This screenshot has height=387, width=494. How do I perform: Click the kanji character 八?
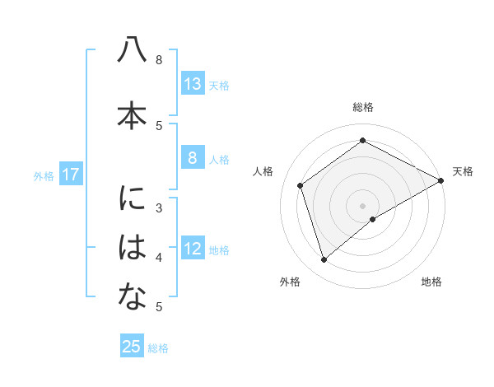pyautogui.click(x=132, y=51)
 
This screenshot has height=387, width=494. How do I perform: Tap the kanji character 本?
pyautogui.click(x=132, y=114)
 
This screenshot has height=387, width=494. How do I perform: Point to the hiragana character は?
pyautogui.click(x=132, y=248)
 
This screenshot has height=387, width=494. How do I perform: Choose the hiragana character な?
pyautogui.click(x=132, y=297)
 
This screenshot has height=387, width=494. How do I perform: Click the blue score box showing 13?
pyautogui.click(x=192, y=84)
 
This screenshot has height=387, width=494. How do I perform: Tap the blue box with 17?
pyautogui.click(x=70, y=175)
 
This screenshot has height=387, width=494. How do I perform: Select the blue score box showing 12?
pyautogui.click(x=192, y=249)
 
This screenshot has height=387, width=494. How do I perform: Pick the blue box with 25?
pyautogui.click(x=132, y=347)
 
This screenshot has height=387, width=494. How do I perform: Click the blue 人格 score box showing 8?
pyautogui.click(x=192, y=158)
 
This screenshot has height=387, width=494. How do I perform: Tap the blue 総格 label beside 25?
pyautogui.click(x=158, y=348)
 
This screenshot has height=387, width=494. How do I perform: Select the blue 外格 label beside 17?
pyautogui.click(x=44, y=175)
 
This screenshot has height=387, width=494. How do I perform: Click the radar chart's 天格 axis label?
pyautogui.click(x=463, y=171)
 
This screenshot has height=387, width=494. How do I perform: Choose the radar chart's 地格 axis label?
pyautogui.click(x=431, y=282)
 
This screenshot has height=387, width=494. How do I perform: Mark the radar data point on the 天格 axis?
pyautogui.click(x=440, y=180)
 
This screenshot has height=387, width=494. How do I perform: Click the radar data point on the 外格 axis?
pyautogui.click(x=324, y=260)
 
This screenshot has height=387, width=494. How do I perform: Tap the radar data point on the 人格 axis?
pyautogui.click(x=301, y=185)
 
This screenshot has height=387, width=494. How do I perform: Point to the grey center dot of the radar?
pyautogui.click(x=362, y=205)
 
